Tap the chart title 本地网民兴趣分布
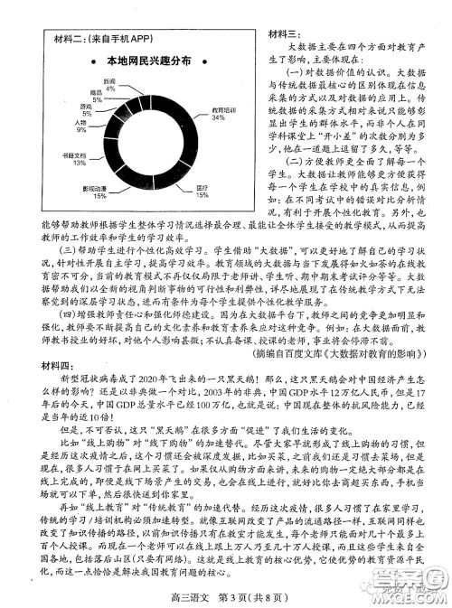[148, 61]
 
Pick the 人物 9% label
[81, 126]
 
